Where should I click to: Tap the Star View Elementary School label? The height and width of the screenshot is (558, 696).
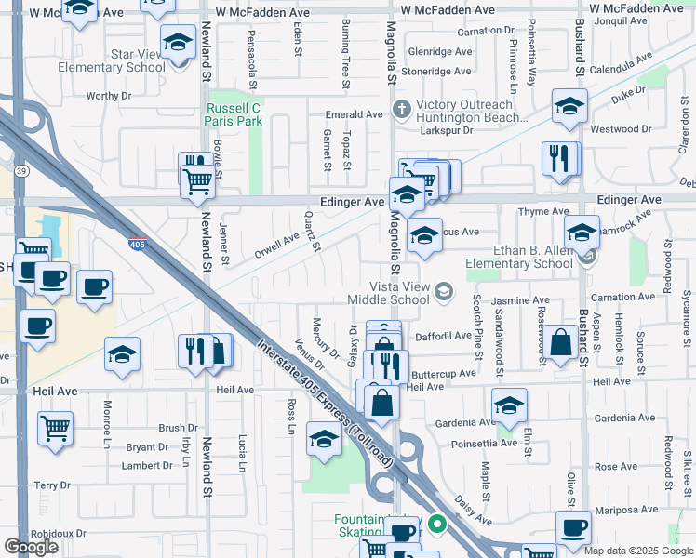click(x=112, y=60)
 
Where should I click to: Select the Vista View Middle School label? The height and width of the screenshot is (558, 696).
click(x=388, y=293)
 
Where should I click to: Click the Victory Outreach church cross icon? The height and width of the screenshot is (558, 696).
click(x=402, y=110)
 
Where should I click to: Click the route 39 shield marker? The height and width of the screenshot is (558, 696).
click(x=20, y=171)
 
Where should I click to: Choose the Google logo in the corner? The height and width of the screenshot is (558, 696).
click(x=31, y=546)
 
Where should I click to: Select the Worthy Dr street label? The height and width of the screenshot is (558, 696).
click(x=108, y=96)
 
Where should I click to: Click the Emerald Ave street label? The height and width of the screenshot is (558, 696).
click(x=354, y=114)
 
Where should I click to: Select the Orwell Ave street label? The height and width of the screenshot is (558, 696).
click(x=276, y=245)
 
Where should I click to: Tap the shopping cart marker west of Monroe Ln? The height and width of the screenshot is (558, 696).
click(x=56, y=429)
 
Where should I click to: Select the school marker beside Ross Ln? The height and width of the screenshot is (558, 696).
click(x=323, y=439)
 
